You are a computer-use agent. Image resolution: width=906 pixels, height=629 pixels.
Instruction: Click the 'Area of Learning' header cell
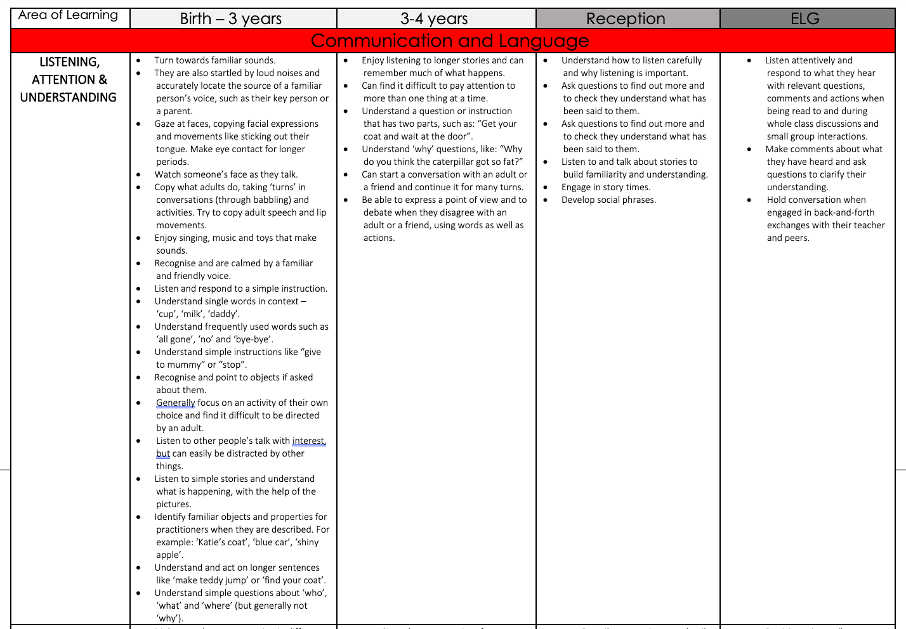[x=69, y=15]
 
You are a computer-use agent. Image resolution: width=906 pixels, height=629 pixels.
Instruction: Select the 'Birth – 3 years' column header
[x=231, y=19]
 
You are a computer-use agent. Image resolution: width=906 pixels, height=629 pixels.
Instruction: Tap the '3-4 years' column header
[x=434, y=19]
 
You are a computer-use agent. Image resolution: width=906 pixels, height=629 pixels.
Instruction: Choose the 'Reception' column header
[x=626, y=19]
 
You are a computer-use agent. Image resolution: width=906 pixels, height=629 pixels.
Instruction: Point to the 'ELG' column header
[x=805, y=19]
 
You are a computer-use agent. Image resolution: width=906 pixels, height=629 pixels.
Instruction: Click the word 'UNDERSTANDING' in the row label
[x=69, y=98]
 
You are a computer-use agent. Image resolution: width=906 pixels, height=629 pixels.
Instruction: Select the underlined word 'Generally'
[x=176, y=403]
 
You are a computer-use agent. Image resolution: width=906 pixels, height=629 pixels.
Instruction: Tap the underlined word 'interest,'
[x=309, y=441]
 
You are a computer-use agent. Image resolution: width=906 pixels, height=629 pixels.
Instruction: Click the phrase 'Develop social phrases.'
[x=608, y=200]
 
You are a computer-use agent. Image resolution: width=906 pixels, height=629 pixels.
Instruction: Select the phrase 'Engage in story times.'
[x=606, y=188]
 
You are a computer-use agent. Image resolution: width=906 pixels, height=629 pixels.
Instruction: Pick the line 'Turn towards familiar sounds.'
[x=215, y=61]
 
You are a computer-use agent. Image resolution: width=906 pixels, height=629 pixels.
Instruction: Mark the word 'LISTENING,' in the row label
[x=69, y=62]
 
